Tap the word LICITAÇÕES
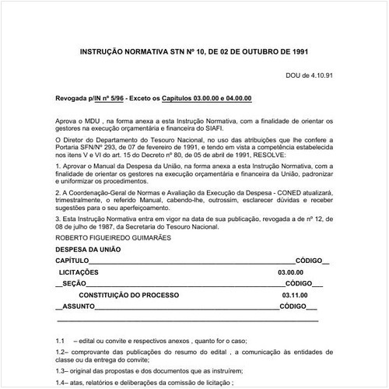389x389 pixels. tap(79, 272)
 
